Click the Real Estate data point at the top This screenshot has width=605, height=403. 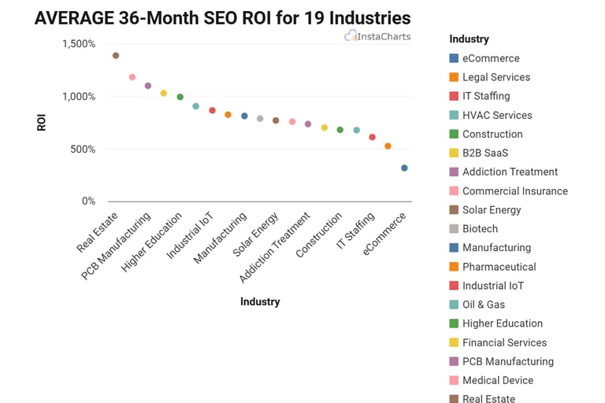click(x=116, y=56)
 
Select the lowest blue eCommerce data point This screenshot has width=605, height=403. click(x=404, y=168)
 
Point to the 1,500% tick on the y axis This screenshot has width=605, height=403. click(x=79, y=44)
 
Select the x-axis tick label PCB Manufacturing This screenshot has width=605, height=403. click(x=116, y=246)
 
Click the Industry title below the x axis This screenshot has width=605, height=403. click(x=259, y=301)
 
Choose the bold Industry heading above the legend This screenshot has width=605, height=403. click(x=469, y=39)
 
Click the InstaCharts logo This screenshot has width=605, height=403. click(x=377, y=36)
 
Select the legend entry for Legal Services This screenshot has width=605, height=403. click(x=496, y=77)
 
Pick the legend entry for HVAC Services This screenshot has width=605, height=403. click(x=497, y=115)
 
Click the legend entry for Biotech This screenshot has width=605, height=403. click(x=480, y=228)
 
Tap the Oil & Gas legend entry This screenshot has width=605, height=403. click(x=483, y=305)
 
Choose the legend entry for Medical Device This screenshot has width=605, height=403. click(x=497, y=380)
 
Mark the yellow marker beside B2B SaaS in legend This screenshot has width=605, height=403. click(x=454, y=153)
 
